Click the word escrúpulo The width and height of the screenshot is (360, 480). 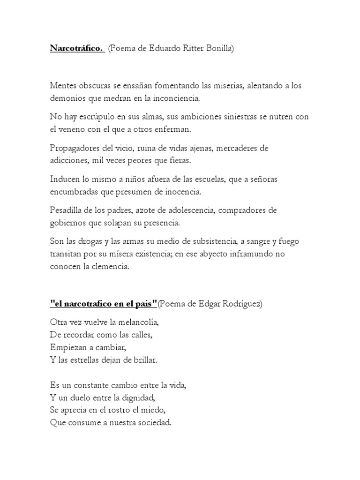[x=99, y=117]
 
